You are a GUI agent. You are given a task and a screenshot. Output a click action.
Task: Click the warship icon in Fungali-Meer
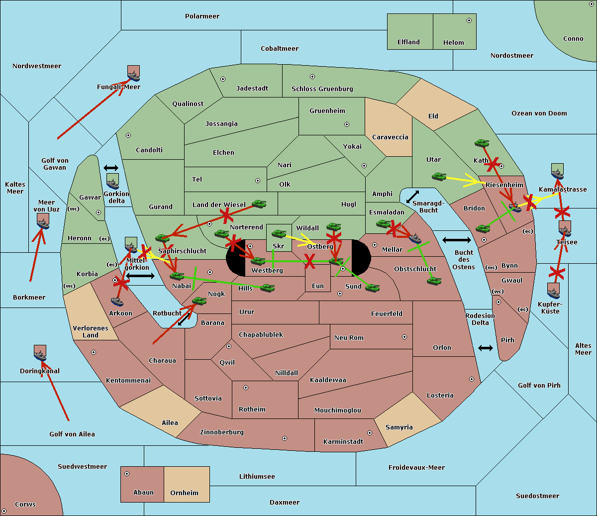point(133,76)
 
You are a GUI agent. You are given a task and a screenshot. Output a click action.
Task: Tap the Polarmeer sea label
point(202,16)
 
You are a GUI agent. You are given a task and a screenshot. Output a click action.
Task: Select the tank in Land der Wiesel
point(259,204)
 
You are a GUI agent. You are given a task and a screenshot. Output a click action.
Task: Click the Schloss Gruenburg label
point(322,89)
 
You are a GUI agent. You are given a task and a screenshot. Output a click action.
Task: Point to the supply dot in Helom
point(469,20)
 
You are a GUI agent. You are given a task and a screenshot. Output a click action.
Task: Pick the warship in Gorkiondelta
point(112,184)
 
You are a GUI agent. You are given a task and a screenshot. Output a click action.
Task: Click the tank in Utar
point(439,177)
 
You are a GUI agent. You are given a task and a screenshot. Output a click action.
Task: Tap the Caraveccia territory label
point(390,137)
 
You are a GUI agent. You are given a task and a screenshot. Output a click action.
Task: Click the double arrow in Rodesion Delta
point(486,348)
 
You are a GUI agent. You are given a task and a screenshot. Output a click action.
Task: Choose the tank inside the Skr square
point(279,233)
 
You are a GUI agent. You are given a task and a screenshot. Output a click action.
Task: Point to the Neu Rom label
point(349,337)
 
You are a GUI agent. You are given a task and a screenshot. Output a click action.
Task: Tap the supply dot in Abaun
point(127,474)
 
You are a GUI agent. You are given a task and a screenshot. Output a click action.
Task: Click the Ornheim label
point(184,493)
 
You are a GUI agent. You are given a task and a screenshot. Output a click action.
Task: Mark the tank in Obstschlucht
point(434,281)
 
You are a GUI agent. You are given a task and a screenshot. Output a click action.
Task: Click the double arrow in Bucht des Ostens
point(457,240)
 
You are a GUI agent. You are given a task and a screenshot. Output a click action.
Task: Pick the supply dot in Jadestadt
point(223,79)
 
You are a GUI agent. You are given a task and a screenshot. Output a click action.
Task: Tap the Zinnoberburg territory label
point(222,432)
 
